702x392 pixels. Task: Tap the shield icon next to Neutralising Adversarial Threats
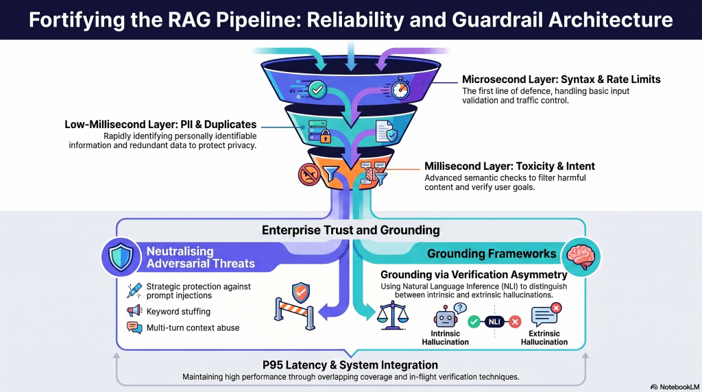[121, 257]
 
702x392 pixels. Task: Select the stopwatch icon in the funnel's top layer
[400, 88]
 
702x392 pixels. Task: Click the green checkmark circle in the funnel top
[317, 90]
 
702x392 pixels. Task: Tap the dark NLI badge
[494, 321]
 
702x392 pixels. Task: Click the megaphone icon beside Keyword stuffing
[134, 310]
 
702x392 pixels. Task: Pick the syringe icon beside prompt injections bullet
[134, 291]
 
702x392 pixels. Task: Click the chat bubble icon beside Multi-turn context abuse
[134, 328]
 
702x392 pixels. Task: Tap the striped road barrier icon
[295, 311]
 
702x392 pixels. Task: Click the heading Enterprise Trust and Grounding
[350, 230]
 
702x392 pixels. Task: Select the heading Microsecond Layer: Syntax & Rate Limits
[561, 79]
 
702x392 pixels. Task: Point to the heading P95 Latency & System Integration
[350, 365]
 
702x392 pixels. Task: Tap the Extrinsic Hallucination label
[544, 338]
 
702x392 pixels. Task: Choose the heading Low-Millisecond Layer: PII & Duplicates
[160, 125]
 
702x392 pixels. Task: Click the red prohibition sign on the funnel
[309, 175]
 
